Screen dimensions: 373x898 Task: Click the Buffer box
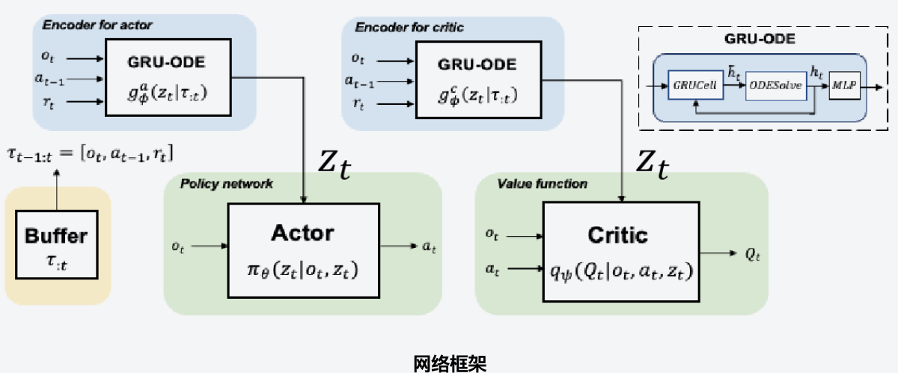click(x=57, y=246)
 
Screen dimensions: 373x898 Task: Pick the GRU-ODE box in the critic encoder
click(x=477, y=80)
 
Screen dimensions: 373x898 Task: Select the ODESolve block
click(x=775, y=85)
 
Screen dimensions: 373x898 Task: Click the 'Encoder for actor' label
click(x=97, y=25)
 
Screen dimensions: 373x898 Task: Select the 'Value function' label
click(x=534, y=184)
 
